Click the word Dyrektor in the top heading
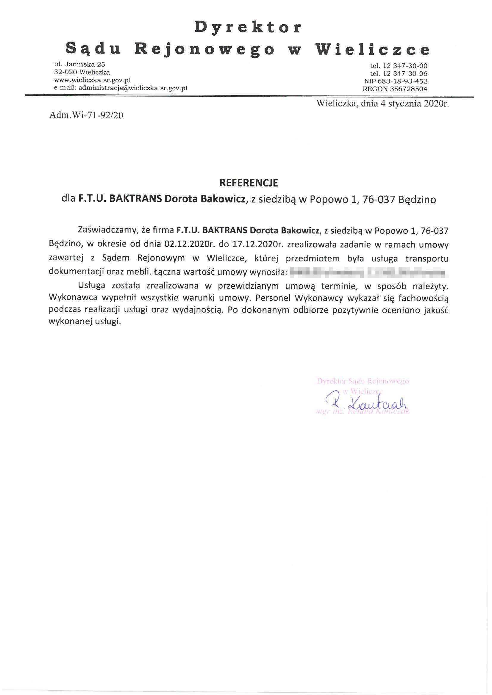tap(248, 27)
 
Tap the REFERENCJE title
tap(249, 183)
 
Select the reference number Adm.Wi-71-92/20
tap(86, 115)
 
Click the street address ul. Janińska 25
tap(80, 64)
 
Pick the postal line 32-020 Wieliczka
tap(82, 72)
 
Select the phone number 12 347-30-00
tap(405, 66)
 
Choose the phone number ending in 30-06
tap(405, 73)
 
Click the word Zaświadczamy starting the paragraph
tap(108, 231)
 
